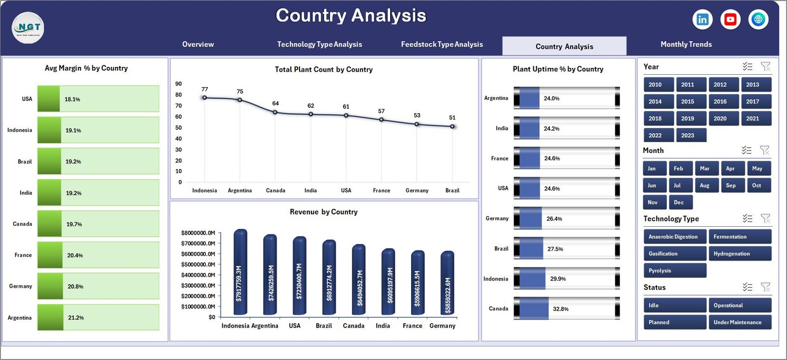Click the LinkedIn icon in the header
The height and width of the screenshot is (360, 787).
point(702,19)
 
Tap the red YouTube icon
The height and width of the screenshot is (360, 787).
point(730,19)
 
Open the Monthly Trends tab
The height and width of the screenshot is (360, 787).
point(686,44)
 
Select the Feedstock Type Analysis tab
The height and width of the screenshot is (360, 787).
point(442,44)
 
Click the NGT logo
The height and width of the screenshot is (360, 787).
point(28,28)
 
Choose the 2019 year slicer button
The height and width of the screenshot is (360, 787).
point(687,119)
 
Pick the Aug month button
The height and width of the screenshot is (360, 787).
point(704,185)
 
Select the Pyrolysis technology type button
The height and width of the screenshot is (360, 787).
point(674,270)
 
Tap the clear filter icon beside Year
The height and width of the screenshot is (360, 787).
point(765,66)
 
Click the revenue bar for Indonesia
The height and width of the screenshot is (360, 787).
point(240,273)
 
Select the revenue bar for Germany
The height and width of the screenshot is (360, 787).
point(447,283)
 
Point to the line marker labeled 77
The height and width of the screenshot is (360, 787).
point(205,97)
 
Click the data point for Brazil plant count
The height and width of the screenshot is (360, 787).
point(452,126)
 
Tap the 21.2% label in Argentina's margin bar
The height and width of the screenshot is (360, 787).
point(76,318)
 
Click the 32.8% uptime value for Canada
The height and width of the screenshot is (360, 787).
point(560,309)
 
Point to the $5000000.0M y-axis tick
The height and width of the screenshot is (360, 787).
point(198,265)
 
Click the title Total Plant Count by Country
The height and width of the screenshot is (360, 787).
point(324,70)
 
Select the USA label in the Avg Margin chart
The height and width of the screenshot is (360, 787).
point(27,99)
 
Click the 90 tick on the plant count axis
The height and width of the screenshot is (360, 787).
point(179,84)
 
